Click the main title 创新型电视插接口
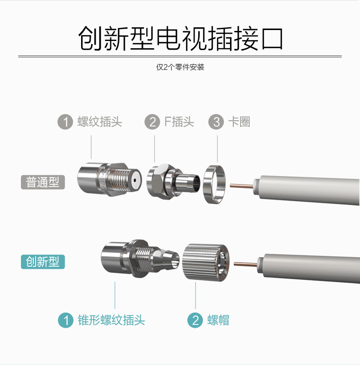pyautogui.click(x=180, y=38)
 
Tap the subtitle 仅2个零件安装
pyautogui.click(x=180, y=67)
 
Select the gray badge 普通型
pyautogui.click(x=43, y=182)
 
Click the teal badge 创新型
pyautogui.click(x=43, y=262)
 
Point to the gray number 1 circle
pyautogui.click(x=65, y=122)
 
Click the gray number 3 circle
pyautogui.click(x=216, y=122)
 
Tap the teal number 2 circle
pyautogui.click(x=195, y=320)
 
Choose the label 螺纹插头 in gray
pyautogui.click(x=100, y=122)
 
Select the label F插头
pyautogui.click(x=179, y=122)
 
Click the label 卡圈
pyautogui.click(x=239, y=122)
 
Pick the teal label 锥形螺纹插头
pyautogui.click(x=111, y=320)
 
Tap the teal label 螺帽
pyautogui.click(x=218, y=320)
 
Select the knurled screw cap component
pyautogui.click(x=206, y=262)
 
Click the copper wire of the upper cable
pyautogui.click(x=242, y=186)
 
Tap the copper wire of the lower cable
pyautogui.click(x=246, y=264)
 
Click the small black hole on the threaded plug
pyautogui.click(x=135, y=180)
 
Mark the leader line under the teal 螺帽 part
pyautogui.click(x=195, y=295)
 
